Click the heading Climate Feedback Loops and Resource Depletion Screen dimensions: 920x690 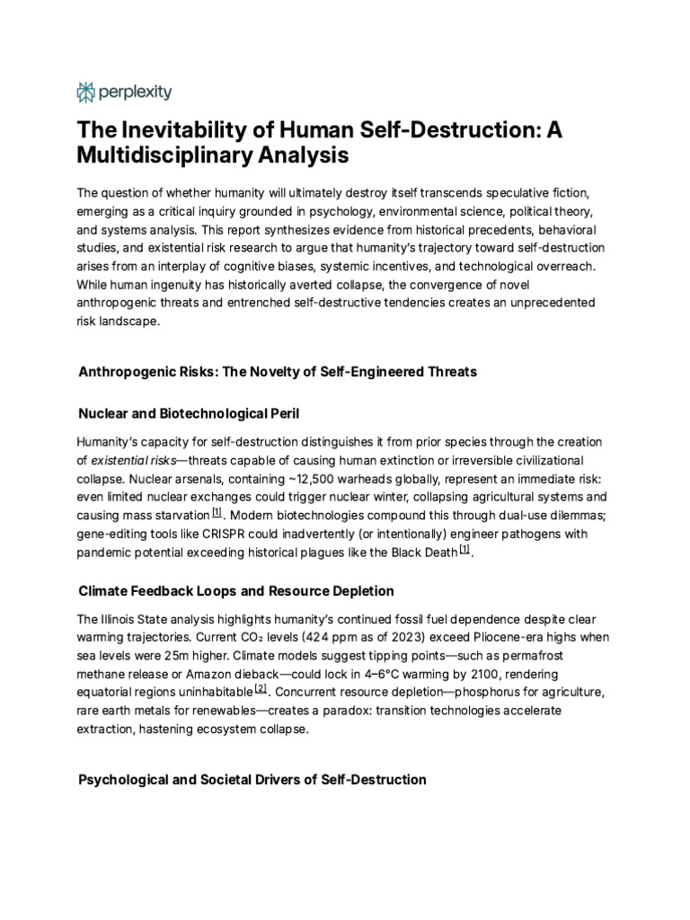point(236,591)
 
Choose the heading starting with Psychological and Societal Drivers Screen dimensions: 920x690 point(252,779)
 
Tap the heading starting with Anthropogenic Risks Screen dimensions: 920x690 point(278,370)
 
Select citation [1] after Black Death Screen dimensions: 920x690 point(464,550)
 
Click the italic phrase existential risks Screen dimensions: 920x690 point(134,460)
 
